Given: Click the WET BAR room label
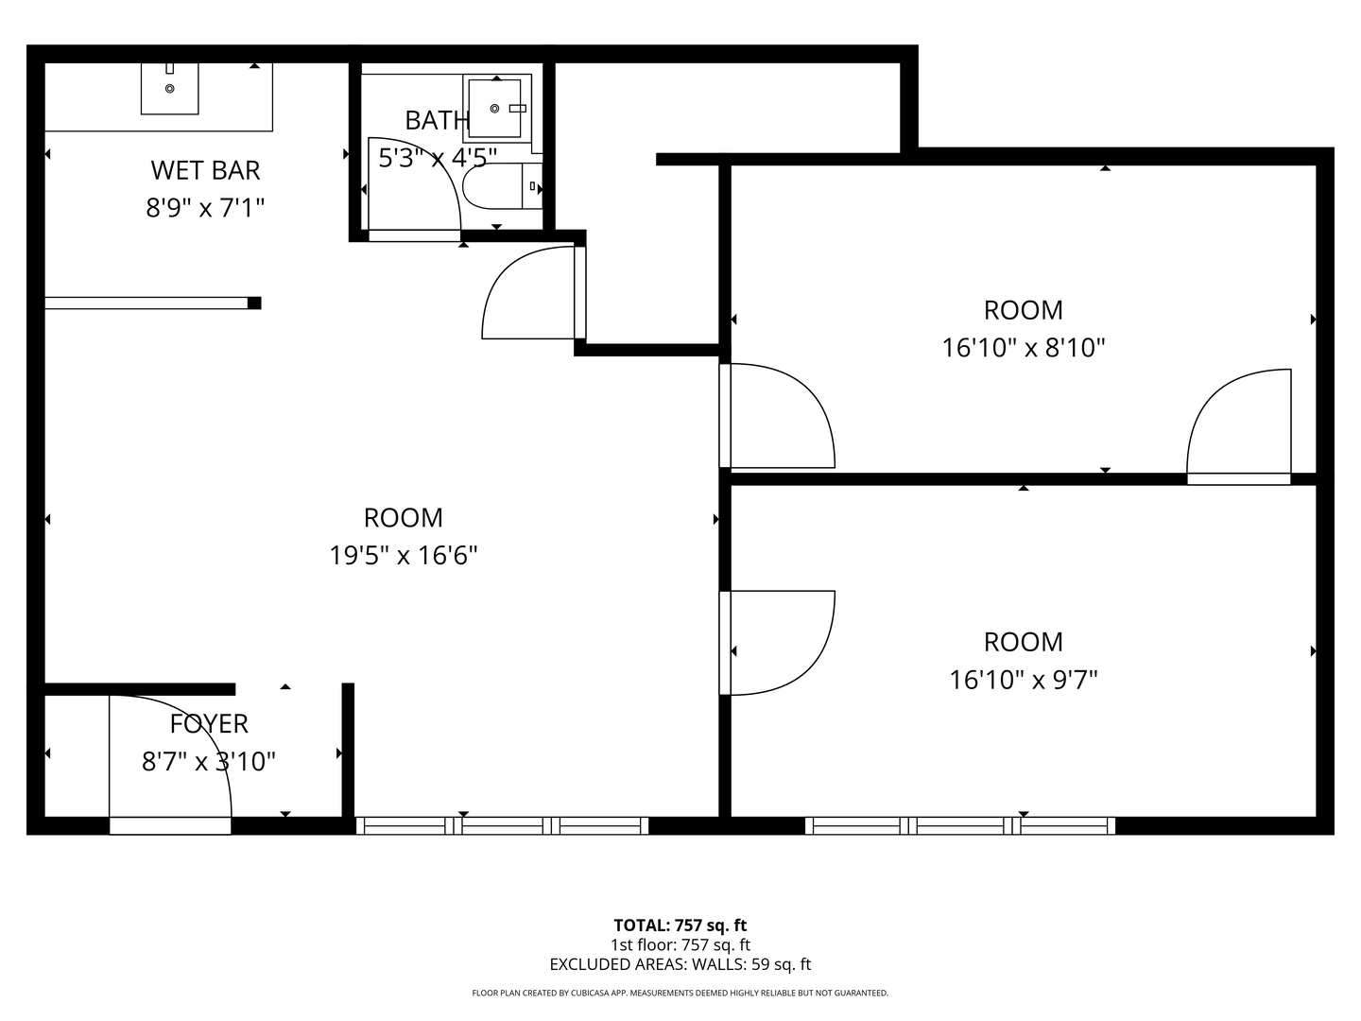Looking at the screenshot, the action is pos(205,170).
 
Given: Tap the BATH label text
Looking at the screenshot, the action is pos(436,120).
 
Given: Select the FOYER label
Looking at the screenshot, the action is pos(209,724).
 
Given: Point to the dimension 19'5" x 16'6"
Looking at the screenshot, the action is pos(403,556).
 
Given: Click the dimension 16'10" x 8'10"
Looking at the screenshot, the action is pos(1023,348).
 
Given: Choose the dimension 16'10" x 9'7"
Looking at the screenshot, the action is pos(1023,680).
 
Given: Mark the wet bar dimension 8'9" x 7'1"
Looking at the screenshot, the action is pos(205,208).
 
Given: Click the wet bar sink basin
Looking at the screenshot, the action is pos(169,89).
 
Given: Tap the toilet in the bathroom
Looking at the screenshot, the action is pos(502,186).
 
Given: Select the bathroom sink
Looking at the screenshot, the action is pos(496,108).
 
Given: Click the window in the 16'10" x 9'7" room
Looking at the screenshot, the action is pos(960,825).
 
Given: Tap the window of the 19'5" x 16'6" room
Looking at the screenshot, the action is pos(502,825).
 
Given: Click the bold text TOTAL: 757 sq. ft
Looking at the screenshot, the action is pos(680,926).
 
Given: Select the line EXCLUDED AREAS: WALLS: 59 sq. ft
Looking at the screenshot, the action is pos(680,964).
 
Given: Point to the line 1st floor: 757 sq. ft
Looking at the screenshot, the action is pos(680,944).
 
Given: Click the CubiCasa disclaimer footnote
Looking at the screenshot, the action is pos(680,993).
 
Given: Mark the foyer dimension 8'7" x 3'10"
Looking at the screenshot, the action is pos(209,761).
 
